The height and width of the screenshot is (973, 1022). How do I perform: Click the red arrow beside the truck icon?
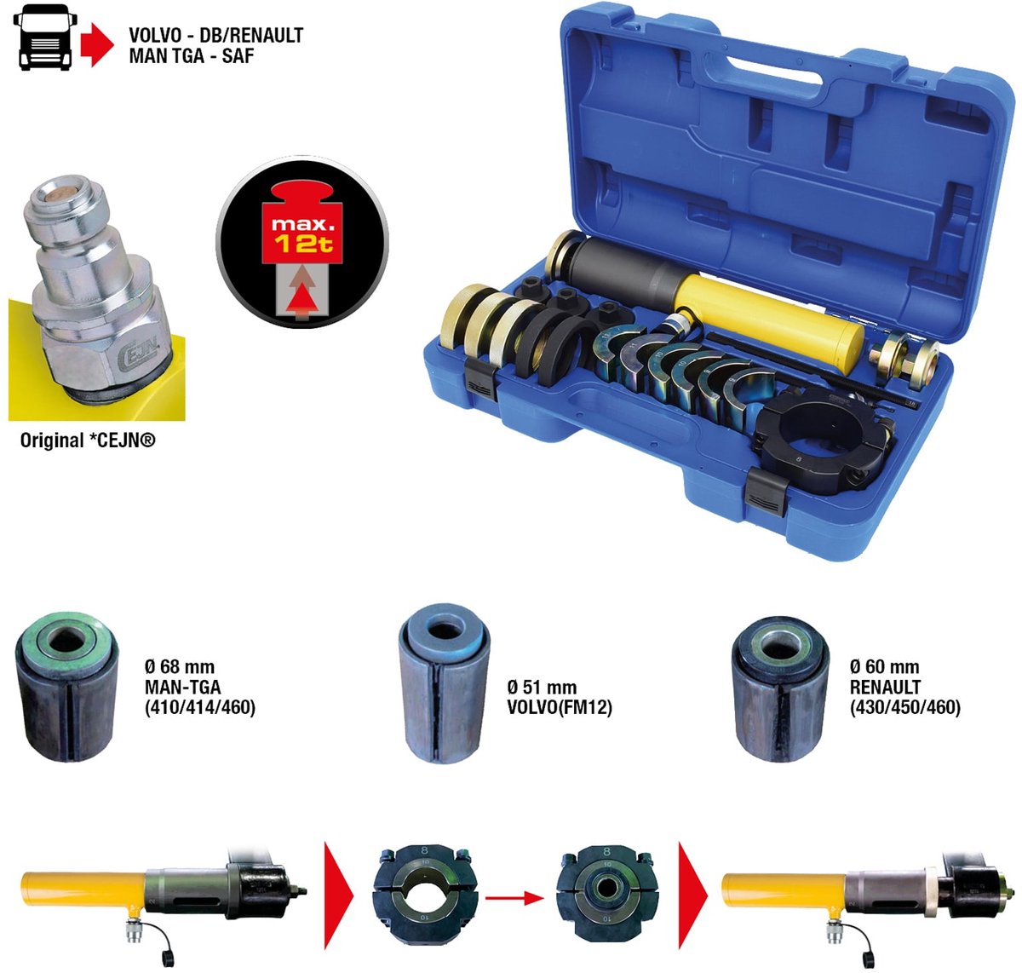[x=97, y=43]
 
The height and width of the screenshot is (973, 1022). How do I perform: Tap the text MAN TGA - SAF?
[x=192, y=56]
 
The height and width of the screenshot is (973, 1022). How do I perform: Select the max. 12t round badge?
[x=302, y=243]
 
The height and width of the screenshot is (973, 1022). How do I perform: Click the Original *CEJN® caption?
[x=88, y=440]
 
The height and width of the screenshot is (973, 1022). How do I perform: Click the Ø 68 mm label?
[x=180, y=667]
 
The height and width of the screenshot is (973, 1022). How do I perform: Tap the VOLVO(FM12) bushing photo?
[x=445, y=686]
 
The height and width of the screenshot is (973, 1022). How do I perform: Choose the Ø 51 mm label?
[x=541, y=688]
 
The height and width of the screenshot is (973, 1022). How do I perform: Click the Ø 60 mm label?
[x=884, y=667]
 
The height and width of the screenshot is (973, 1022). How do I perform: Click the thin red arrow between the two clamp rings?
[x=514, y=897]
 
